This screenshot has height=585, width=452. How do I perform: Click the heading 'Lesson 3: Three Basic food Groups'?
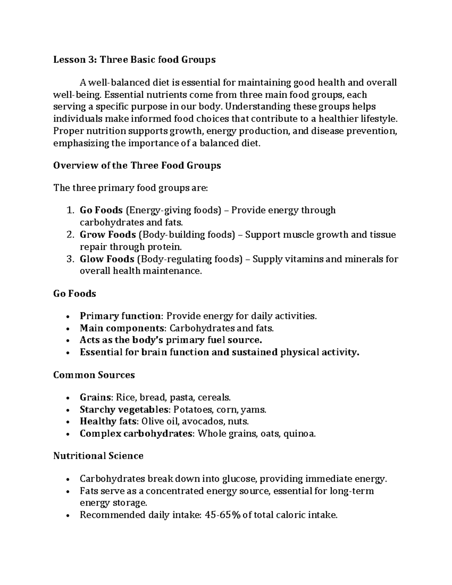tap(134, 60)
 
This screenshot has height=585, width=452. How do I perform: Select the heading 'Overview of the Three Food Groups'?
tap(137, 166)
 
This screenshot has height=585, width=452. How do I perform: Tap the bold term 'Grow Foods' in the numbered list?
tap(108, 235)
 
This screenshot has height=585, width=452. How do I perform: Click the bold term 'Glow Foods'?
tap(107, 259)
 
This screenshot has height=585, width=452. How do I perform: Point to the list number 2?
tap(70, 235)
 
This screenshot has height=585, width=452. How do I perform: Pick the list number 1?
tap(70, 210)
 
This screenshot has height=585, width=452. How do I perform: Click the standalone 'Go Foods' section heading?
tap(75, 294)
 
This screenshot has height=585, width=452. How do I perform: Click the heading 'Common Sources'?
tap(94, 375)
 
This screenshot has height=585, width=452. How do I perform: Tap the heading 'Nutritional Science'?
tap(98, 456)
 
